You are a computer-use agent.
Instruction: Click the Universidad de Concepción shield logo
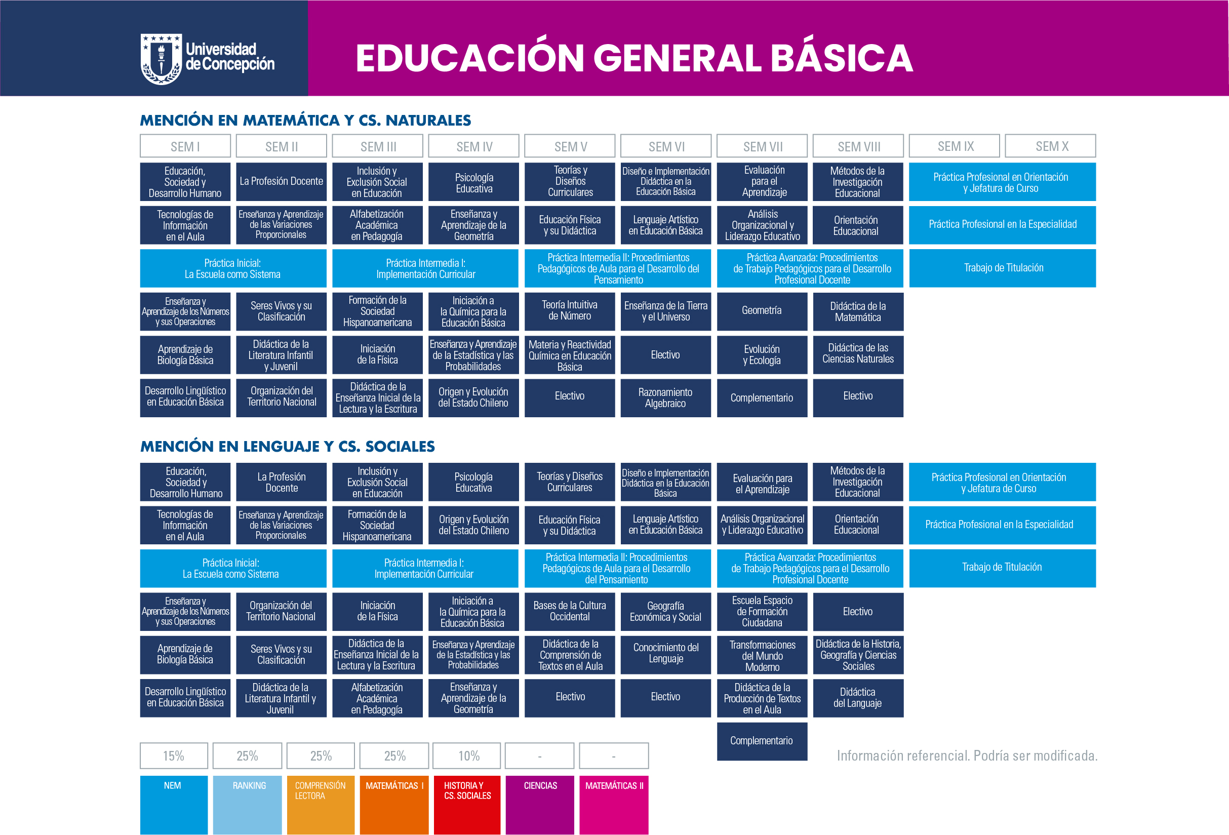[x=162, y=59]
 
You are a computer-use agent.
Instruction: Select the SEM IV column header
[x=474, y=146]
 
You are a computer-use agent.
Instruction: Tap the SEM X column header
[x=1050, y=146]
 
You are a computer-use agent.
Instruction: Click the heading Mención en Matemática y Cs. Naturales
[x=305, y=120]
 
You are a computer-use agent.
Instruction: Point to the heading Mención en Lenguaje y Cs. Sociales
[x=287, y=446]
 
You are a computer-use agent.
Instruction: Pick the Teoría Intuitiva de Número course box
[x=570, y=311]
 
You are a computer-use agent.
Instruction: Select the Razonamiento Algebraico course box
[x=665, y=397]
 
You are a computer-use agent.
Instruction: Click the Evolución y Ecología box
[x=762, y=355]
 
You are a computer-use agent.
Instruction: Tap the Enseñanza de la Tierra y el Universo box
[x=665, y=311]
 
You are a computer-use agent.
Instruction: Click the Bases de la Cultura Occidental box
[x=570, y=611]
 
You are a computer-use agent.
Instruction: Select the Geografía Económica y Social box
[x=665, y=611]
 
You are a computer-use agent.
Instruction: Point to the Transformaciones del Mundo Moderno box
[x=762, y=655]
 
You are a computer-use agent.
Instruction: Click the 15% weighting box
[x=174, y=756]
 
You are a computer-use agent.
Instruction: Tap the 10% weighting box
[x=466, y=756]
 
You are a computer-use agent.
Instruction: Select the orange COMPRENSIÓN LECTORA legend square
[x=321, y=805]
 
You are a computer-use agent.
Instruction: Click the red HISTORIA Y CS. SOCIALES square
[x=466, y=805]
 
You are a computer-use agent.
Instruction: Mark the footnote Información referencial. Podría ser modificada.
[x=967, y=756]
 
